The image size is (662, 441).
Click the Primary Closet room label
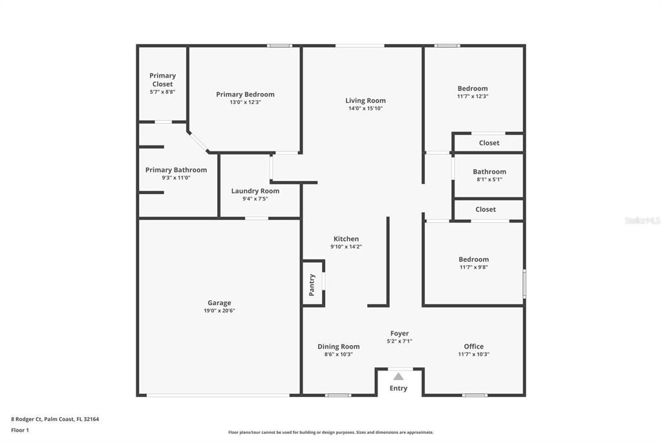[x=162, y=80]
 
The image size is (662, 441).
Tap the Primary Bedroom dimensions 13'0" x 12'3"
[x=245, y=102]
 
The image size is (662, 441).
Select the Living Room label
[x=365, y=100]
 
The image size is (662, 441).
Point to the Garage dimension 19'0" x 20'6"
[x=219, y=311]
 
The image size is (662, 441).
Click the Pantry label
[x=312, y=285]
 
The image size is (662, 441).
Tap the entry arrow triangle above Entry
[x=398, y=376]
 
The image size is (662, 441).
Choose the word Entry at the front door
[x=398, y=389]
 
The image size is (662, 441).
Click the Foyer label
[x=400, y=334]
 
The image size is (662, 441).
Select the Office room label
[x=474, y=347]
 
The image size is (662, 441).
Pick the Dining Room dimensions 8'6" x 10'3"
[x=338, y=354]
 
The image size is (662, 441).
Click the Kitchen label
[x=346, y=239]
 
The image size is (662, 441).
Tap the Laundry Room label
[x=255, y=191]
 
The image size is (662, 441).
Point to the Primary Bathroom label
[x=176, y=170]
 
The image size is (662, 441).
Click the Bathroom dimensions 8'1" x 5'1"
[x=489, y=180]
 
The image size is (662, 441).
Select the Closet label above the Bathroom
[x=489, y=143]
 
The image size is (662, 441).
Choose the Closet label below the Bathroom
[x=486, y=210]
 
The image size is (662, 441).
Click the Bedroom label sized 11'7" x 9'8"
[x=474, y=259]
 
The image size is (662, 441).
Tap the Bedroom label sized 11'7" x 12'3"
[x=473, y=89]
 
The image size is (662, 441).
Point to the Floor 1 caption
[x=20, y=430]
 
